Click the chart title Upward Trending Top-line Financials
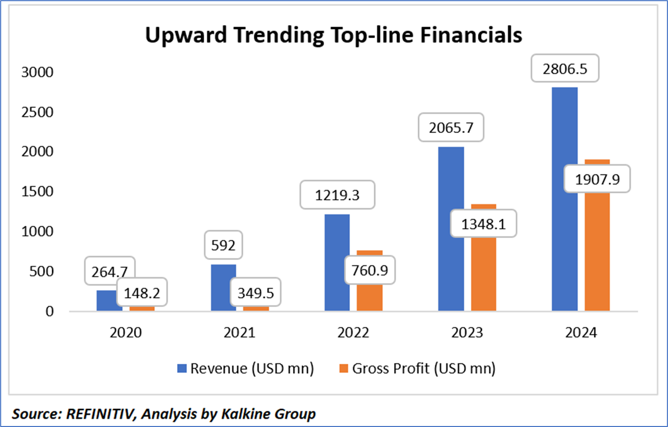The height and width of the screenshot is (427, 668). pos(333,36)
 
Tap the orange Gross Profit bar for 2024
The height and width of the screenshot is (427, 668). pos(597,251)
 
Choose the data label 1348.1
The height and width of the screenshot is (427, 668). pos(483,224)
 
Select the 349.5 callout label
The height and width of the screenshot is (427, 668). pos(256,292)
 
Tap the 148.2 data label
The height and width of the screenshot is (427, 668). pos(142,292)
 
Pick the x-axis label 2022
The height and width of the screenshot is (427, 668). pos(353,333)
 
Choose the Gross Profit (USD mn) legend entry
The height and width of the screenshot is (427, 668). pos(417,368)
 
